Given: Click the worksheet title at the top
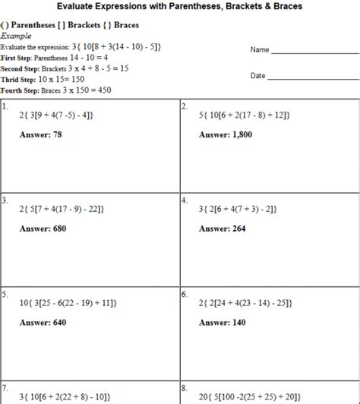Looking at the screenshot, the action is [179, 6].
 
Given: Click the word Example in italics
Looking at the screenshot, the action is [16, 36].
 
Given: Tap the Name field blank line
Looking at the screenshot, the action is [314, 52].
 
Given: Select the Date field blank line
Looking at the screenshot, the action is [314, 77].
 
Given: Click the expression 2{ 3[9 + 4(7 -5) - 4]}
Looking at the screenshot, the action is [58, 115].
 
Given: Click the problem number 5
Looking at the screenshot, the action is [5, 293].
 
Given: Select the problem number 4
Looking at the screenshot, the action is [185, 200].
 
